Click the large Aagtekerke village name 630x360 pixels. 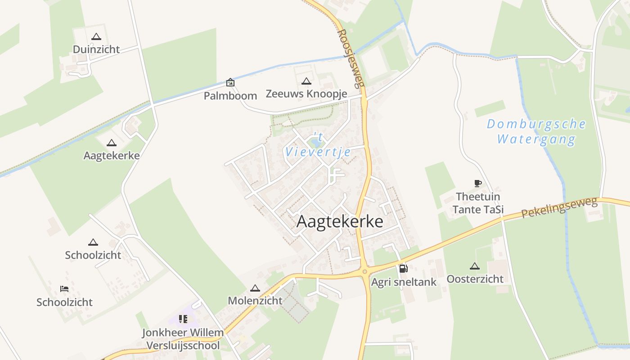pyautogui.click(x=340, y=221)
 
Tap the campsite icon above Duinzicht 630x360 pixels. pyautogui.click(x=96, y=37)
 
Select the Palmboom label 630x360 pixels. pyautogui.click(x=230, y=95)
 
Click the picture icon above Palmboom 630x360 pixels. pyautogui.click(x=230, y=82)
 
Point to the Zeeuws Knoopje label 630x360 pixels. pyautogui.click(x=306, y=94)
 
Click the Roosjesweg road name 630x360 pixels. pyautogui.click(x=351, y=58)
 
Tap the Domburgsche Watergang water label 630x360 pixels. pyautogui.click(x=536, y=131)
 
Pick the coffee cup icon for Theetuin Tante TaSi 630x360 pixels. pyautogui.click(x=477, y=183)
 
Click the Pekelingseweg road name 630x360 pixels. pyautogui.click(x=560, y=207)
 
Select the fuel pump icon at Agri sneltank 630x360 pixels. pyautogui.click(x=403, y=269)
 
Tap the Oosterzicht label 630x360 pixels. pyautogui.click(x=475, y=279)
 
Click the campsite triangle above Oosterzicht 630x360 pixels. pyautogui.click(x=474, y=266)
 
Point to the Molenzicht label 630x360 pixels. pyautogui.click(x=255, y=300)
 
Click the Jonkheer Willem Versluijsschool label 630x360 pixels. pyautogui.click(x=183, y=339)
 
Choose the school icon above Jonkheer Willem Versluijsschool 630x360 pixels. pyautogui.click(x=183, y=319)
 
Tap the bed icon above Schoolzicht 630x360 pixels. pyautogui.click(x=64, y=289)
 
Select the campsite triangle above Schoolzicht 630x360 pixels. pyautogui.click(x=93, y=242)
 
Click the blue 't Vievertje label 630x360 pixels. pyautogui.click(x=318, y=145)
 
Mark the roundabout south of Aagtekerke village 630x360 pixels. pyautogui.click(x=364, y=271)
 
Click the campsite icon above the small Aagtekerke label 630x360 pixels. pyautogui.click(x=112, y=143)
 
